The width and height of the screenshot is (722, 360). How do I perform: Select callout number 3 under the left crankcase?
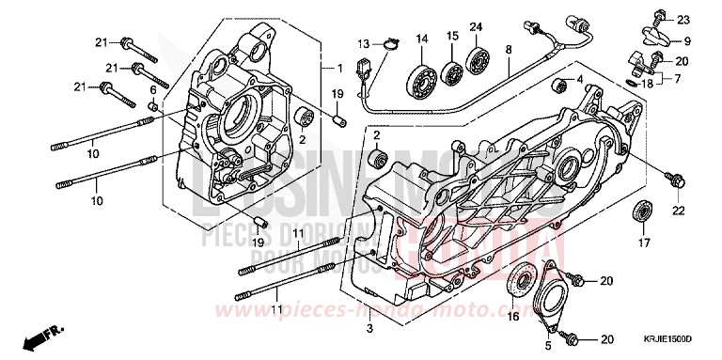click(x=369, y=327)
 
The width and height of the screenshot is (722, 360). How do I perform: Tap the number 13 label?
click(x=364, y=44)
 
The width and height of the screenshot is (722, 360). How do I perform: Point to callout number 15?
click(x=452, y=36)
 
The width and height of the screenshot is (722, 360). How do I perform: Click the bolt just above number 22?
click(x=673, y=175)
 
